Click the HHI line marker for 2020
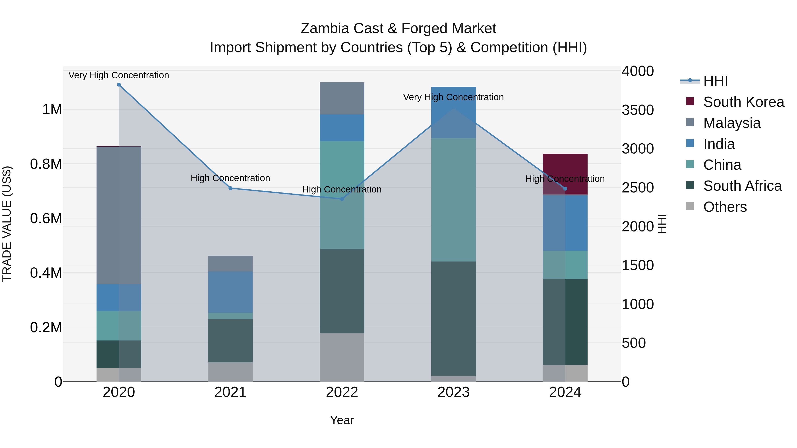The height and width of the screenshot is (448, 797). [119, 85]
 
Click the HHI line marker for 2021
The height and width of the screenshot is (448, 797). [230, 188]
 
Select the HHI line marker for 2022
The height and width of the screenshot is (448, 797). [342, 199]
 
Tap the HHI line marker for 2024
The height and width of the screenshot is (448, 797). [565, 188]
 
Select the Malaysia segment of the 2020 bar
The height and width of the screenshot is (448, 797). [119, 215]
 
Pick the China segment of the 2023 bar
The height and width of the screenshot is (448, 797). [454, 200]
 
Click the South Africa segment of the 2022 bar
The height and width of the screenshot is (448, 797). [342, 291]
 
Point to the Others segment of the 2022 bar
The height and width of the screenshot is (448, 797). [342, 357]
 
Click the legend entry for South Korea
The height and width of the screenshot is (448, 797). [743, 102]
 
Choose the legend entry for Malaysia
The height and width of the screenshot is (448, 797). [732, 123]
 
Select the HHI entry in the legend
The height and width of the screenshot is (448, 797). [715, 81]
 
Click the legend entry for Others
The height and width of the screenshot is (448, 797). [725, 207]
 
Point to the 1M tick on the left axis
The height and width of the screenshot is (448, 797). [52, 110]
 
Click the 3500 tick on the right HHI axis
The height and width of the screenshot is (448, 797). [638, 110]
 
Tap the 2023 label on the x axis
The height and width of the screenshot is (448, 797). [454, 392]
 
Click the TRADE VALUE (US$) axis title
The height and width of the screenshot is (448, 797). [7, 224]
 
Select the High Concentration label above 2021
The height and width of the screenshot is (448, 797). [230, 178]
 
